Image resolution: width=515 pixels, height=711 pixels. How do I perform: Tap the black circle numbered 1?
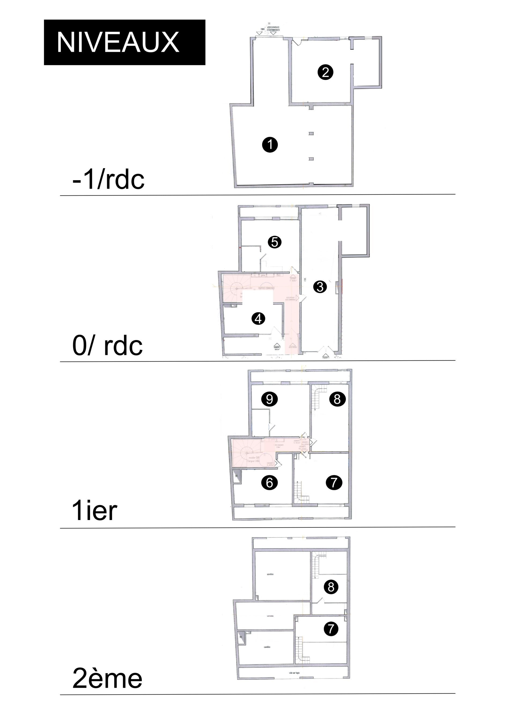click(270, 145)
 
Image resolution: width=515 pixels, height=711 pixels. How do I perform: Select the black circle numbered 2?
click(325, 72)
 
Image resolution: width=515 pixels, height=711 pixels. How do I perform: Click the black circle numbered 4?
click(258, 319)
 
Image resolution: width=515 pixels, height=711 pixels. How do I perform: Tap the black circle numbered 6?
click(270, 482)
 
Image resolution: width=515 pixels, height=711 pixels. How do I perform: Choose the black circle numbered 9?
click(270, 399)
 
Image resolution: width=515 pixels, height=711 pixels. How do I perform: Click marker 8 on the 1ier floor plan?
click(337, 399)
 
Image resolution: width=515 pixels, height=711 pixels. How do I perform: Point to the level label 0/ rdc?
click(107, 345)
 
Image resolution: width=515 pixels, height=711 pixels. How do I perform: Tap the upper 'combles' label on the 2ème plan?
click(270, 574)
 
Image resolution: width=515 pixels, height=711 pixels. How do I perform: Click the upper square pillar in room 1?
click(311, 134)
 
